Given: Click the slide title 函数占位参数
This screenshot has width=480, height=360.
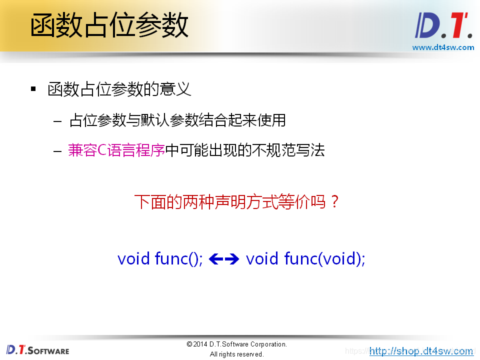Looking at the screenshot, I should pyautogui.click(x=109, y=25).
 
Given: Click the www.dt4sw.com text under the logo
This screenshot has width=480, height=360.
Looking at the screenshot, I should pyautogui.click(x=443, y=47).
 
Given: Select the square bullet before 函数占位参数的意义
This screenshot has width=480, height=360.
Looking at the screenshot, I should pyautogui.click(x=33, y=89).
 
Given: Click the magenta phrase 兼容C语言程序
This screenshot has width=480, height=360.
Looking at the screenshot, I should pyautogui.click(x=116, y=150).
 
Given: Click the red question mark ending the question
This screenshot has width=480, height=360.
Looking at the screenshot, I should pyautogui.click(x=335, y=202).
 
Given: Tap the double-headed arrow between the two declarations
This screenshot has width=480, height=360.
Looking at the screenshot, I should pyautogui.click(x=224, y=259).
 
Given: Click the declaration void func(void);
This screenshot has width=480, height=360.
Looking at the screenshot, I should pyautogui.click(x=305, y=258).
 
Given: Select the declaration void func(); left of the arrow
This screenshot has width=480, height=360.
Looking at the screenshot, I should pyautogui.click(x=160, y=258).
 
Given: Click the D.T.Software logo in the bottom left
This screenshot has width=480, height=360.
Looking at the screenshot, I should pyautogui.click(x=38, y=350).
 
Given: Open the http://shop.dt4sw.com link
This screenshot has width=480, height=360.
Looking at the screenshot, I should pyautogui.click(x=421, y=351).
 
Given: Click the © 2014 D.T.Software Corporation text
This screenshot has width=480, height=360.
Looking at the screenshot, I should pyautogui.click(x=236, y=344).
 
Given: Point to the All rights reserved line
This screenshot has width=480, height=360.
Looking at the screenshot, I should pyautogui.click(x=236, y=354).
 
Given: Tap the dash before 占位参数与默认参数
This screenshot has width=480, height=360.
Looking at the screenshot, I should pyautogui.click(x=58, y=121).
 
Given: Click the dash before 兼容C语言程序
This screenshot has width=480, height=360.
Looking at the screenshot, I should pyautogui.click(x=58, y=150).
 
